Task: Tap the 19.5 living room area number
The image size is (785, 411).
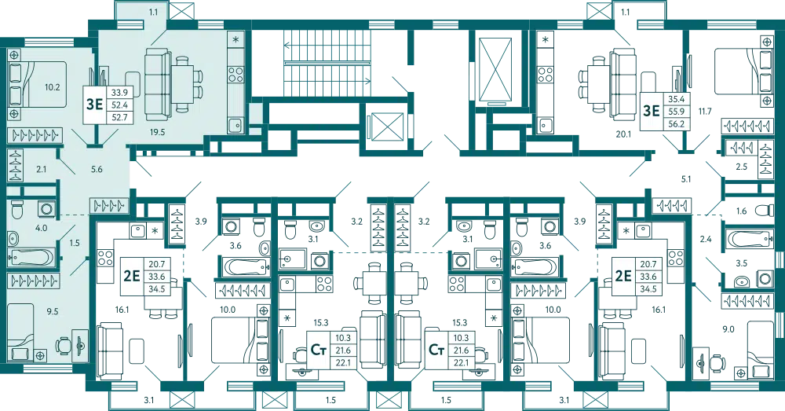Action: [x=158, y=133]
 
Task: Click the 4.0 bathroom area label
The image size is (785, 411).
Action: [x=41, y=229]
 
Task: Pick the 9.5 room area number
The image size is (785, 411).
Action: [x=53, y=311]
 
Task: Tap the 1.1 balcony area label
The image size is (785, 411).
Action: [x=152, y=12]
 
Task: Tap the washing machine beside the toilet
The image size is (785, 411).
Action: [x=46, y=209]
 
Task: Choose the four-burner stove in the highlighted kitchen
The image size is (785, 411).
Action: [x=235, y=75]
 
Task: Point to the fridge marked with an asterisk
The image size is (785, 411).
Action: [x=235, y=40]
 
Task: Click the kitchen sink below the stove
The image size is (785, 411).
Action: [x=234, y=124]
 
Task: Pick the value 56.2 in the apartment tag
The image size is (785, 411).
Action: [x=674, y=123]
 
